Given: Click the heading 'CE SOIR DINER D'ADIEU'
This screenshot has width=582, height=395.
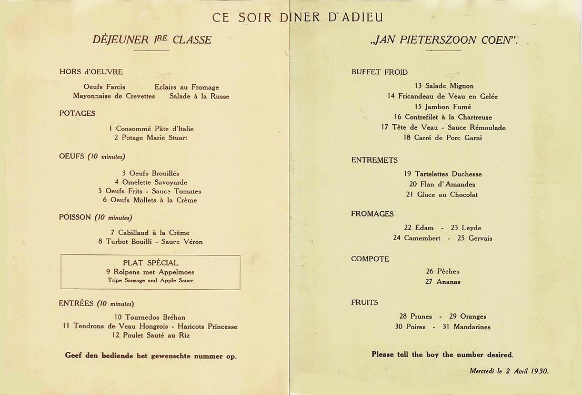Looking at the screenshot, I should pos(297,17).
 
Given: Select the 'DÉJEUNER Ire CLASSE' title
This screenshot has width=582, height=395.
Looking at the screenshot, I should pos(152,39).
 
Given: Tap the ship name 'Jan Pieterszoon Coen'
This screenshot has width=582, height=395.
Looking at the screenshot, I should pos(444,40).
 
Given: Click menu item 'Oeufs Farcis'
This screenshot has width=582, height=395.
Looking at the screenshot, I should pos(104,87).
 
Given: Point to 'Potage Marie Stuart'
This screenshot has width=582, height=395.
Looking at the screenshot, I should pos(150,138).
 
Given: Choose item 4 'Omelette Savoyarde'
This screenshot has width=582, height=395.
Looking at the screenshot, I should pos(151,182).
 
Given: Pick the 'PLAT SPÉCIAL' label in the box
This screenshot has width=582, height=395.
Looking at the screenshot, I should pos(150,263).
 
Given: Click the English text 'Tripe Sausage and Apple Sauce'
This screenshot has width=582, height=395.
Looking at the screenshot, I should pos(150,281).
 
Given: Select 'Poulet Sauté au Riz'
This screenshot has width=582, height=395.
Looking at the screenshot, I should pos(150,335).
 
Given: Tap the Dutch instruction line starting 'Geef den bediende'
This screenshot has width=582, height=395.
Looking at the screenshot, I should pos(150,356).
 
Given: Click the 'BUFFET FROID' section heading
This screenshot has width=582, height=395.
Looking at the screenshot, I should pos(379,72).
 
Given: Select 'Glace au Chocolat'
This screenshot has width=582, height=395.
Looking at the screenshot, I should pos(442,195).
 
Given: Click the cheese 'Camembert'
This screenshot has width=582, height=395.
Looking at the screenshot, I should pos(422,238).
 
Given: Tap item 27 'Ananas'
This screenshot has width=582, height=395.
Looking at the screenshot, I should pos(443,282).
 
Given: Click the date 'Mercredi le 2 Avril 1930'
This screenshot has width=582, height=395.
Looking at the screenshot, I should pos(509,371).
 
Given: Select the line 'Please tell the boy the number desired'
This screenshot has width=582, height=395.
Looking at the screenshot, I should pos(442,354).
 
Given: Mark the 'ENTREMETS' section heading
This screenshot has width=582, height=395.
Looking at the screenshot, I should pos(375,160).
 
